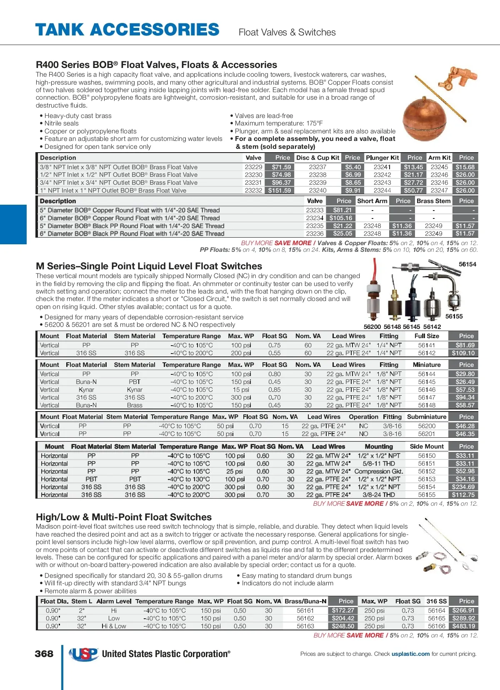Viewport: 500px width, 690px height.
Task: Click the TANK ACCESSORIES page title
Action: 127,30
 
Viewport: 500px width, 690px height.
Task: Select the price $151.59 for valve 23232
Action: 280,191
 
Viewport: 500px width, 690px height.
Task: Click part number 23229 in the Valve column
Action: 253,167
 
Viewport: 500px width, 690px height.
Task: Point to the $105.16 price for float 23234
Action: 340,218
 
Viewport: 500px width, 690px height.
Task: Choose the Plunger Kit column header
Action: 382,158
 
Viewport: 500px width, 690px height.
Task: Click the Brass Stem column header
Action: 433,201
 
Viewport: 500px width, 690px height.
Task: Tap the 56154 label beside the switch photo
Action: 467,264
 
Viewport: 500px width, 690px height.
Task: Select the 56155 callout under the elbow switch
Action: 454,316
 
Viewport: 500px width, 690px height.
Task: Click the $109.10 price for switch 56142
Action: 463,353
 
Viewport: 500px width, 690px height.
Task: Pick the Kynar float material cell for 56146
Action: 86,390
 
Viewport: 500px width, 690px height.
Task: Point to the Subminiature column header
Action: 427,417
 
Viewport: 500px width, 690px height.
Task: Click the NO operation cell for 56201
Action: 363,434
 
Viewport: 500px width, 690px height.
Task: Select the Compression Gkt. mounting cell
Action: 379,472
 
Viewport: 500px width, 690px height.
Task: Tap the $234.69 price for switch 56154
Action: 463,487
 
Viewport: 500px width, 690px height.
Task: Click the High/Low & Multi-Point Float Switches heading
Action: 124,517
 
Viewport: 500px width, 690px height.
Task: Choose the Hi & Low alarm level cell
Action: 114,626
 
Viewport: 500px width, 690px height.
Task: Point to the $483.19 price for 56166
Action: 463,626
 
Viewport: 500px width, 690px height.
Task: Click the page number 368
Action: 44,654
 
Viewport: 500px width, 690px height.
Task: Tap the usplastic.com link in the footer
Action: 410,654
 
